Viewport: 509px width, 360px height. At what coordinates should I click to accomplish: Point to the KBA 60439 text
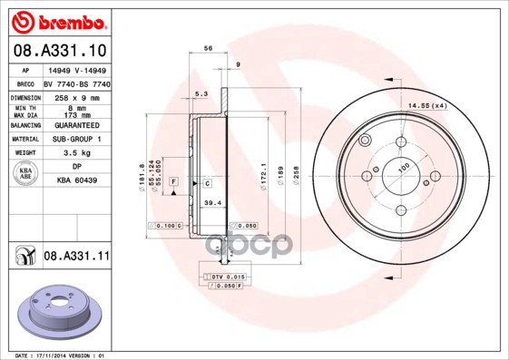(76, 180)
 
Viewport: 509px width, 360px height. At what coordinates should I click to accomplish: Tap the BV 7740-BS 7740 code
(77, 82)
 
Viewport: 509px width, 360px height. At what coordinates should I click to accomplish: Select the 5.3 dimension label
(201, 93)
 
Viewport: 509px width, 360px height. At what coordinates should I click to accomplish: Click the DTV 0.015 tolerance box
(227, 276)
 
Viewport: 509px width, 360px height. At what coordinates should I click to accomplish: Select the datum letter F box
(172, 184)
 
